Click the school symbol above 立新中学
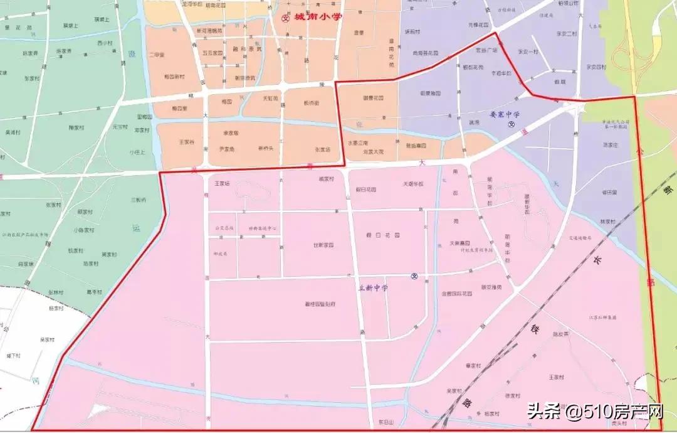(x=414, y=277)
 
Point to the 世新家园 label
(x=323, y=245)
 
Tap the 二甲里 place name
(x=157, y=55)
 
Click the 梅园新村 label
(x=174, y=77)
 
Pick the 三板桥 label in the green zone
(x=138, y=200)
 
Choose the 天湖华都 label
(x=412, y=184)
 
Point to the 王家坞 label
(x=223, y=184)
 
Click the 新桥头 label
(x=266, y=149)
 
